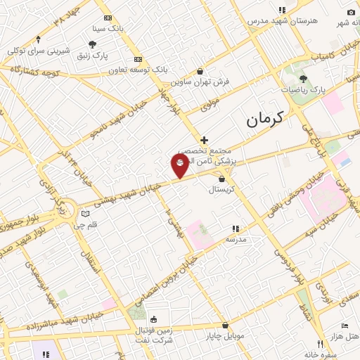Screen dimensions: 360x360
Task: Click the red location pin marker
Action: point(180,166)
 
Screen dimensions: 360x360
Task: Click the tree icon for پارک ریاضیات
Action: point(303,79)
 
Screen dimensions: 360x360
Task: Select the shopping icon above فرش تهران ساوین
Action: point(200,71)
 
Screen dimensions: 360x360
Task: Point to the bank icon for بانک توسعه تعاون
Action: point(138,60)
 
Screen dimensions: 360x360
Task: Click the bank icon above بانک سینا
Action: point(108,18)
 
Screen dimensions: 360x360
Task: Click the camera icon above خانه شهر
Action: point(351,12)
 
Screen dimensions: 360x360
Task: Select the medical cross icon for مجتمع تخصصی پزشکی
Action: point(204,140)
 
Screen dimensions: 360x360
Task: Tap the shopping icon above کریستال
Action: point(222,179)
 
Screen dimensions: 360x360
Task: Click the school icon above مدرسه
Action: point(235,229)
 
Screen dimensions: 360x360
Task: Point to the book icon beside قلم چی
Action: point(85,213)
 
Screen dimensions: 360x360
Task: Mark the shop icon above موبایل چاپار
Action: point(225,326)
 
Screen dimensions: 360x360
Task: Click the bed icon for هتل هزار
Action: point(344,326)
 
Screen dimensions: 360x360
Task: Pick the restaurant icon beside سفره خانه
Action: point(320,345)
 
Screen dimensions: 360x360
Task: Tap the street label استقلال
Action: point(92,261)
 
